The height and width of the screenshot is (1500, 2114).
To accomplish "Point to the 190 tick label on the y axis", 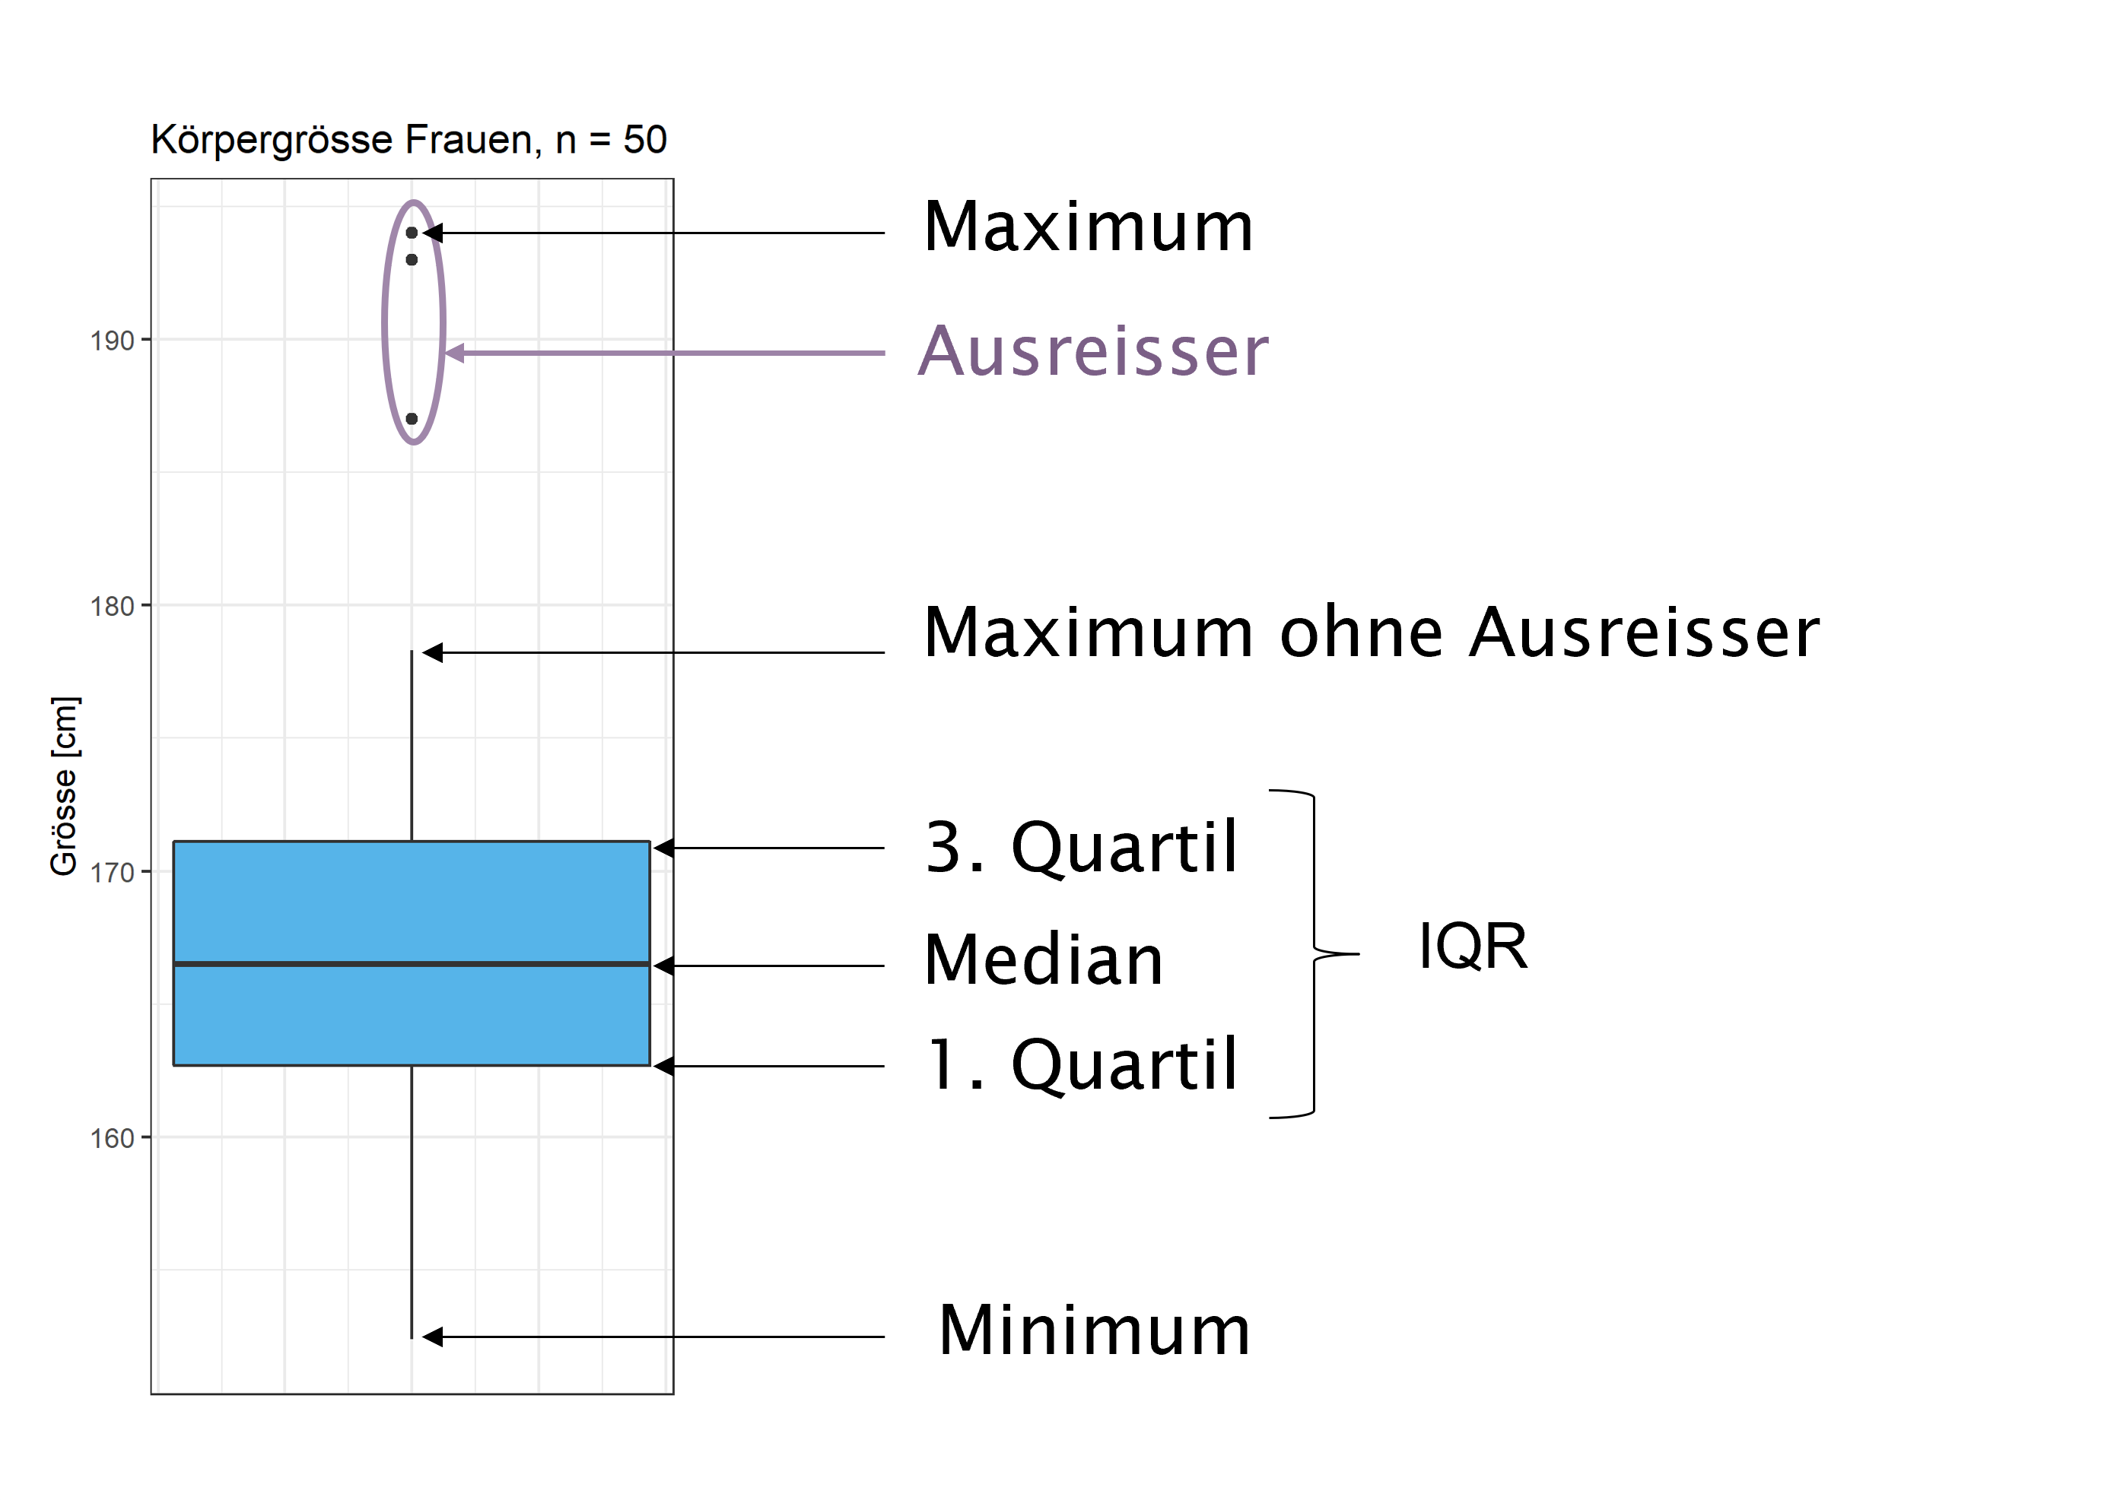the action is pyautogui.click(x=112, y=341).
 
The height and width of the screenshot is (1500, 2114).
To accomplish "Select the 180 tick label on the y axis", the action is pyautogui.click(x=112, y=607).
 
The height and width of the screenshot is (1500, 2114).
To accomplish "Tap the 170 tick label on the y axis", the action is pyautogui.click(x=112, y=873).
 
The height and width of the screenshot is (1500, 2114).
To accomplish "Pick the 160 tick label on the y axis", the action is pyautogui.click(x=112, y=1139).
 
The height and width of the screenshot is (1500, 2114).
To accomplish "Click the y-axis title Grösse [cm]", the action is pyautogui.click(x=65, y=786).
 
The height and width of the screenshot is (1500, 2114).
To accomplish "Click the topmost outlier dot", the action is pyautogui.click(x=412, y=233).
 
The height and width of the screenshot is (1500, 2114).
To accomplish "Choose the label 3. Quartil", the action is pyautogui.click(x=1081, y=847).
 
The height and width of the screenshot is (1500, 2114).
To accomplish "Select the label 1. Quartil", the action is pyautogui.click(x=1081, y=1065).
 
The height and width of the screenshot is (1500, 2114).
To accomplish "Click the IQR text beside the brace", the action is pyautogui.click(x=1473, y=947).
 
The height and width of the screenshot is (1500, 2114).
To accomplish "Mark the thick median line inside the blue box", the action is pyautogui.click(x=412, y=964).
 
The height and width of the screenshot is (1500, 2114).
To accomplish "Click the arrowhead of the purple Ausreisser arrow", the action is pyautogui.click(x=455, y=353).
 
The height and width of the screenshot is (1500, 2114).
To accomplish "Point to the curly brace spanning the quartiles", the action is pyautogui.click(x=1314, y=954).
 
